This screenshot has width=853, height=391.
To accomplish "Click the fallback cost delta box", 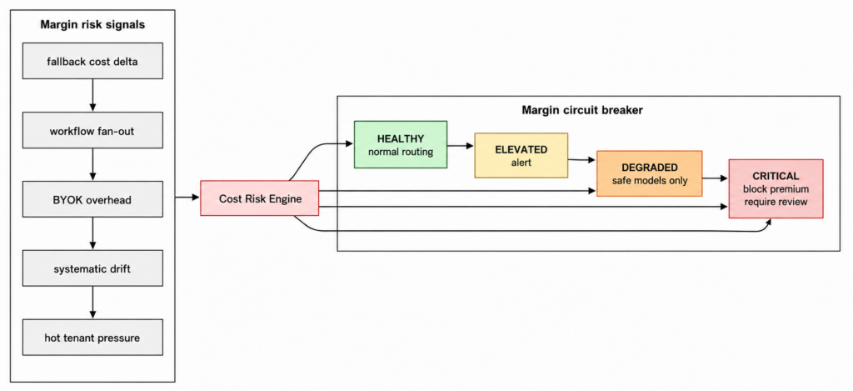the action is pyautogui.click(x=92, y=61).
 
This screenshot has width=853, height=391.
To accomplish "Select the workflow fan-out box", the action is pyautogui.click(x=92, y=130).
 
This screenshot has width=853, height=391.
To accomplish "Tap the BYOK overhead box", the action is pyautogui.click(x=92, y=199).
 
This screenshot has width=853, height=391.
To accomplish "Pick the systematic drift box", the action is pyautogui.click(x=92, y=268).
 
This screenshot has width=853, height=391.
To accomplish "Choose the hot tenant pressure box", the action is pyautogui.click(x=92, y=338).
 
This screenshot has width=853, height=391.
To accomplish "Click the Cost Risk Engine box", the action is pyautogui.click(x=260, y=198).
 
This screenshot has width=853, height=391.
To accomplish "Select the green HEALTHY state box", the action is pyautogui.click(x=401, y=144).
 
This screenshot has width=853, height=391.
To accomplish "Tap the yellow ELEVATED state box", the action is pyautogui.click(x=521, y=155).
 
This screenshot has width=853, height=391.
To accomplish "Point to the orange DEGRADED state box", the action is pyautogui.click(x=650, y=173).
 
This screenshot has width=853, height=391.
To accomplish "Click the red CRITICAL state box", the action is pyautogui.click(x=776, y=188).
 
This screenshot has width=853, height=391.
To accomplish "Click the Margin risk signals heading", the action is pyautogui.click(x=92, y=25).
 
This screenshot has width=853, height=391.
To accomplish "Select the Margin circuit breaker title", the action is pyautogui.click(x=582, y=111).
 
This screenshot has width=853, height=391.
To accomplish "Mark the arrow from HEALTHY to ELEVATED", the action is pyautogui.click(x=461, y=146).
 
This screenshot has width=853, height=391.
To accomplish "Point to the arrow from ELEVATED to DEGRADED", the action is pyautogui.click(x=582, y=159).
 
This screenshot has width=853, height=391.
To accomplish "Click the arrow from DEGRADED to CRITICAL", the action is pyautogui.click(x=716, y=178).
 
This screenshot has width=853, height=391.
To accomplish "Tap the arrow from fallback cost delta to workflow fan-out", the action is pyautogui.click(x=92, y=95).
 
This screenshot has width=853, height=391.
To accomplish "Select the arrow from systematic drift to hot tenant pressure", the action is pyautogui.click(x=92, y=303).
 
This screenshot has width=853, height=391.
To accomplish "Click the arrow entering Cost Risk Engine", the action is pyautogui.click(x=187, y=197).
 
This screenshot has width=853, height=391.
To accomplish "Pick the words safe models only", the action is pyautogui.click(x=650, y=180).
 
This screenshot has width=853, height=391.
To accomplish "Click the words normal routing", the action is pyautogui.click(x=401, y=152).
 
